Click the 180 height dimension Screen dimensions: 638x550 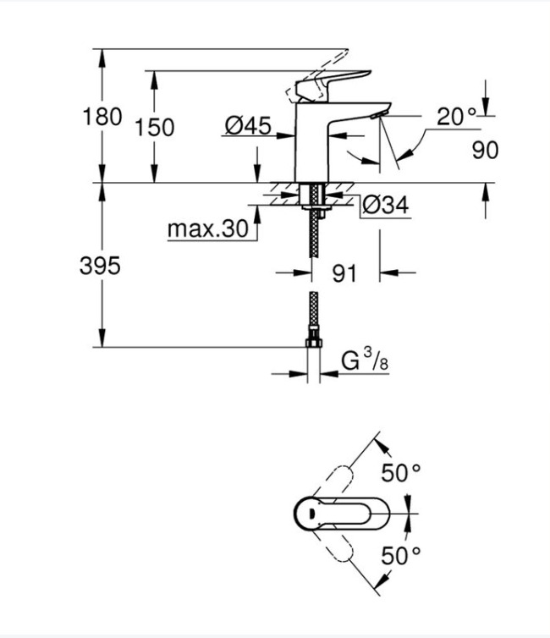coord(102,116)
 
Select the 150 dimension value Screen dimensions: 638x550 coord(155,127)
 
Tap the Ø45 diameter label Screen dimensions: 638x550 coord(248,126)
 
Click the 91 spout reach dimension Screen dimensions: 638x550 coord(343,273)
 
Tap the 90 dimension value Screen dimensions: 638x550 coord(485,150)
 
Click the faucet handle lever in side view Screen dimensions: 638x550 coord(334,82)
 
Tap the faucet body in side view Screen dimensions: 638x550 coord(311,144)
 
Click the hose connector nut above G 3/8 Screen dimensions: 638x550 coord(314,343)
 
